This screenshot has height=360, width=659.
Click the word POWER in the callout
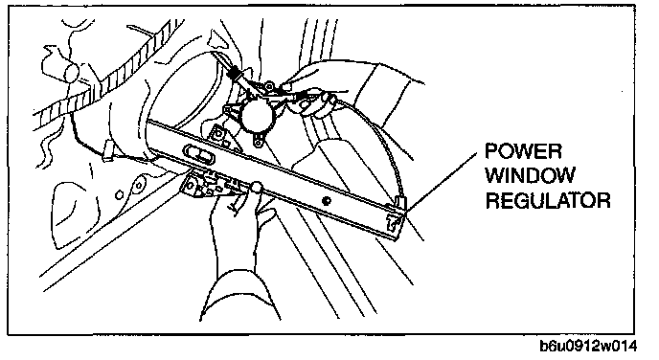pyautogui.click(x=523, y=151)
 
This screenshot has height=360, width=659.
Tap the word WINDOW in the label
pyautogui.click(x=530, y=175)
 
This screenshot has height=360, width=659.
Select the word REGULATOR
pyautogui.click(x=548, y=200)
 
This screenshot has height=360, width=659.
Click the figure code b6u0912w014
pyautogui.click(x=588, y=346)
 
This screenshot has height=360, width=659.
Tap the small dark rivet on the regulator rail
pyautogui.click(x=326, y=201)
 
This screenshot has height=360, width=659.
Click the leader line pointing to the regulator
pyautogui.click(x=442, y=183)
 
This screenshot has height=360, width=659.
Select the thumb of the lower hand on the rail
pyautogui.click(x=256, y=188)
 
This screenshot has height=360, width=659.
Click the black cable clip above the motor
pyautogui.click(x=234, y=75)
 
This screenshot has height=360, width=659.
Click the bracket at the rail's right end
pyautogui.click(x=396, y=215)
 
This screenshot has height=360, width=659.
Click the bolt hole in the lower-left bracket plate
pyautogui.click(x=192, y=185)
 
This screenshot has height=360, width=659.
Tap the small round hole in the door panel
pyautogui.click(x=120, y=195)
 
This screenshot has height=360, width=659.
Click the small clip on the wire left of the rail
pyautogui.click(x=108, y=150)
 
